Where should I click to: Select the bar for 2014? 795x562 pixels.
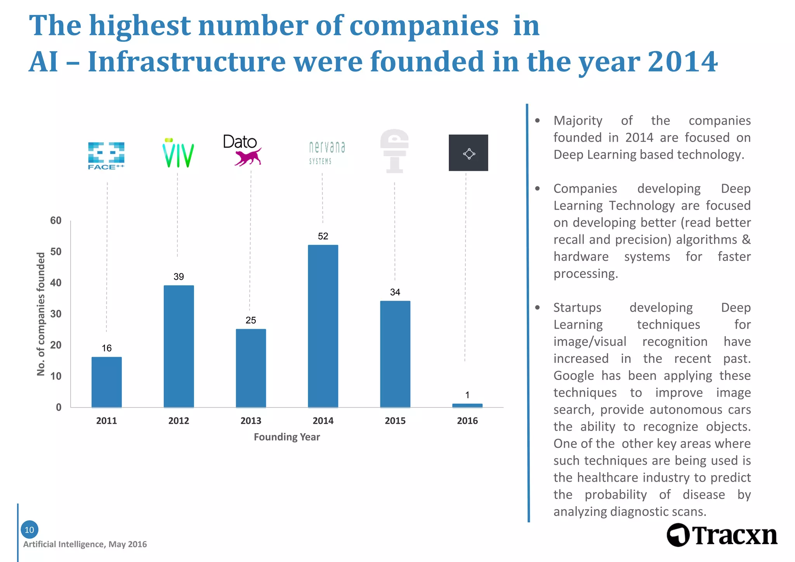pyautogui.click(x=323, y=326)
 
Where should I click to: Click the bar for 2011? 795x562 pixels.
pyautogui.click(x=107, y=382)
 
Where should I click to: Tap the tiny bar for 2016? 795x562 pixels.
pyautogui.click(x=467, y=406)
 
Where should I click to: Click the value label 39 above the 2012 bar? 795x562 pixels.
pyautogui.click(x=179, y=277)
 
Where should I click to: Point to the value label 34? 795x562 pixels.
pyautogui.click(x=395, y=292)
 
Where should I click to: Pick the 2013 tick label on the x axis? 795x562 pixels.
pyautogui.click(x=251, y=421)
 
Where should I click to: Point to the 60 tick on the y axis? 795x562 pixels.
pyautogui.click(x=56, y=221)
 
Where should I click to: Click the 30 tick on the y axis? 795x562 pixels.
pyautogui.click(x=56, y=314)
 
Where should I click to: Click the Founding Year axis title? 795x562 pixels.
pyautogui.click(x=287, y=437)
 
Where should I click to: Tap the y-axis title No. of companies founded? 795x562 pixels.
pyautogui.click(x=41, y=314)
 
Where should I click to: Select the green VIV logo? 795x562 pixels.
pyautogui.click(x=178, y=154)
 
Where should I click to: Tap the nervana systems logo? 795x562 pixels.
pyautogui.click(x=327, y=152)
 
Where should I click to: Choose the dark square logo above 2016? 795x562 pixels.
pyautogui.click(x=468, y=153)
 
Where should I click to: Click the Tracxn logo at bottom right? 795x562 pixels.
pyautogui.click(x=722, y=535)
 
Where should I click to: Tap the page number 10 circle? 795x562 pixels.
pyautogui.click(x=30, y=530)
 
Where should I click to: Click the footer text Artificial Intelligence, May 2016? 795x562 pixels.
pyautogui.click(x=85, y=545)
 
